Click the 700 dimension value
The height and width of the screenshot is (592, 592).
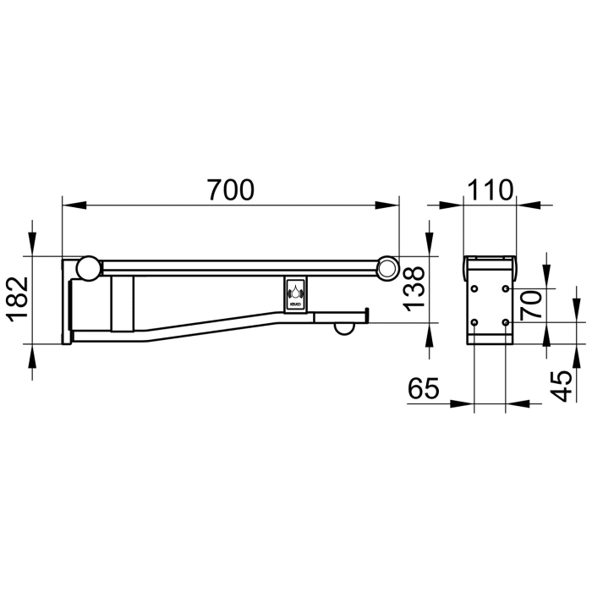point(230,190)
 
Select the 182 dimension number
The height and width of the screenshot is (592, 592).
point(19,300)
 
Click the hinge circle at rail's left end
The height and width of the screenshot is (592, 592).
point(88,269)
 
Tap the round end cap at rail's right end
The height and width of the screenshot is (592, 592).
point(387,269)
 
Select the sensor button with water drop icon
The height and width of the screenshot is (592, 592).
point(297,295)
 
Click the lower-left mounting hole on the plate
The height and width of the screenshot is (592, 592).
point(474,322)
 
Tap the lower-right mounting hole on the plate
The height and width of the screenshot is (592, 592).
point(505,322)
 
